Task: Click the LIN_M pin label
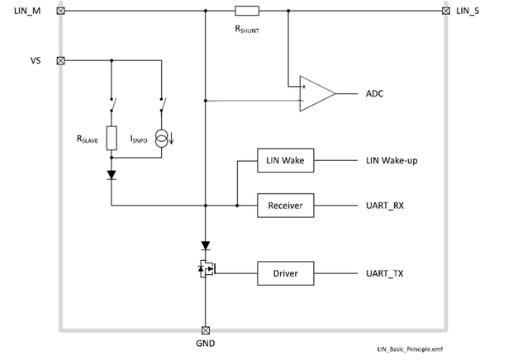click(x=29, y=11)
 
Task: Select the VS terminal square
click(x=60, y=60)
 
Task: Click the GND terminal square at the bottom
click(x=205, y=329)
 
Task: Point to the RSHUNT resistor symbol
click(x=247, y=12)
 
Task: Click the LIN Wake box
click(x=286, y=160)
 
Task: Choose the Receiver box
click(x=286, y=205)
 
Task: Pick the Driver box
click(x=286, y=272)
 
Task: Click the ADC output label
click(x=375, y=93)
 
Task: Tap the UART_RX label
click(x=386, y=205)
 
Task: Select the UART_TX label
click(x=386, y=272)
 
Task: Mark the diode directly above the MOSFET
click(x=205, y=246)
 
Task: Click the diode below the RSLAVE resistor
click(x=111, y=175)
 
